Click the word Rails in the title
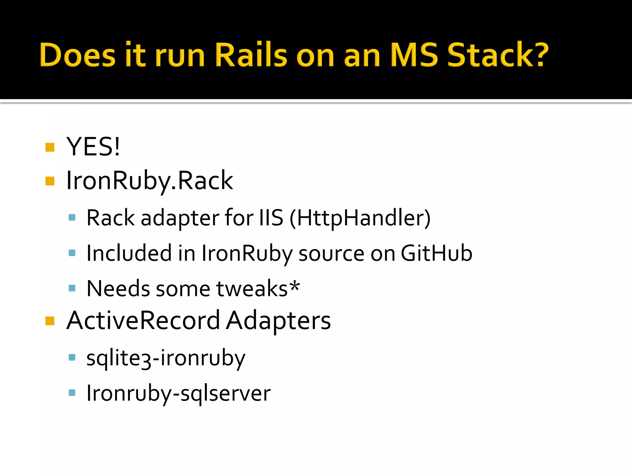tap(251, 55)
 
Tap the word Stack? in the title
tap(497, 55)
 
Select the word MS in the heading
tap(414, 55)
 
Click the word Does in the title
tap(77, 55)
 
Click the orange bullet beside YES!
tap(50, 147)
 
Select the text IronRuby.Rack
tap(150, 181)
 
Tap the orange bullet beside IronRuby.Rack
tap(50, 181)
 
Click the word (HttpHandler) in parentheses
tap(360, 218)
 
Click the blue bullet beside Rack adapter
tap(72, 218)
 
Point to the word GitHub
tap(436, 253)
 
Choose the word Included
tap(129, 253)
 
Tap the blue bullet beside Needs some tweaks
tap(72, 288)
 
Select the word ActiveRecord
tap(143, 321)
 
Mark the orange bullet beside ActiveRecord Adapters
tap(50, 321)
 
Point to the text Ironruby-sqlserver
tap(178, 393)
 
